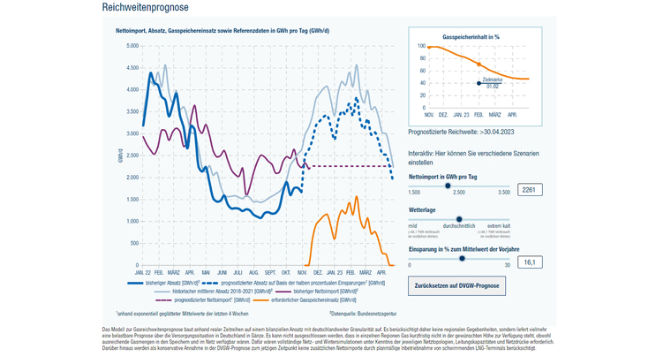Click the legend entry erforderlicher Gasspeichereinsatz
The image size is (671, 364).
(307, 300)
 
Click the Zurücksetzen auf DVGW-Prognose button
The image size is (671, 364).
(456, 286)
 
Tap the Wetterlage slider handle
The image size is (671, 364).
(459, 219)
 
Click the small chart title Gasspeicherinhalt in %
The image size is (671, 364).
(471, 38)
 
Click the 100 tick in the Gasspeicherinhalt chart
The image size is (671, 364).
(421, 46)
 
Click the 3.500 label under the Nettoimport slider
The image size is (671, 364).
(503, 191)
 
